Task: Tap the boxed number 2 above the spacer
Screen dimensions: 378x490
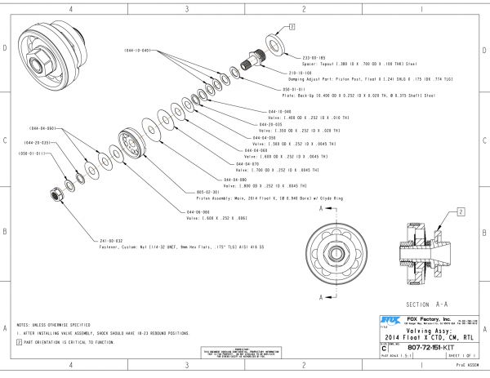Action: (292, 27)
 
